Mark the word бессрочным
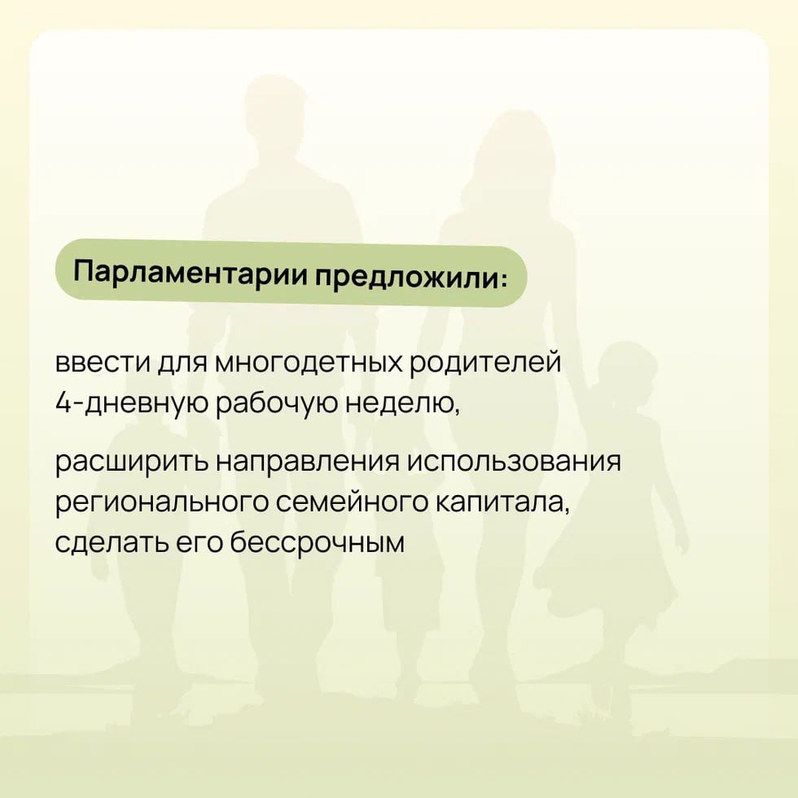(317, 542)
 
